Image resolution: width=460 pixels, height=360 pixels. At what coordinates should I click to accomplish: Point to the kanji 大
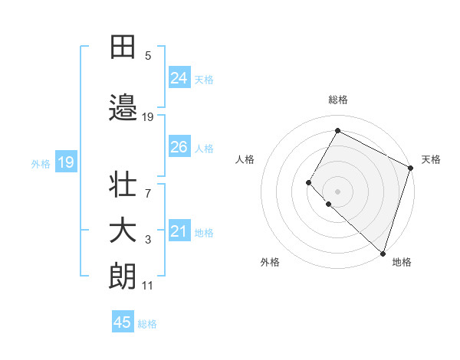[123, 232]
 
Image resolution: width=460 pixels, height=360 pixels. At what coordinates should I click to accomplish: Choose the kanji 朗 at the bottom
[123, 277]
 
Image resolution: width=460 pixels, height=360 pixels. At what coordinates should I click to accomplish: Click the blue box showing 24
[179, 78]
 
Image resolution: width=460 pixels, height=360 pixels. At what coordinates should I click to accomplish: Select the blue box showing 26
[179, 147]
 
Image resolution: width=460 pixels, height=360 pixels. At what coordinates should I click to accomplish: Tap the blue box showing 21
[179, 231]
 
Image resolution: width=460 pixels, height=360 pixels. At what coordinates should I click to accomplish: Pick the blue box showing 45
[123, 322]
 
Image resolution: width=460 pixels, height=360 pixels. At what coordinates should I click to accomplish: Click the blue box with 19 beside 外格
[65, 162]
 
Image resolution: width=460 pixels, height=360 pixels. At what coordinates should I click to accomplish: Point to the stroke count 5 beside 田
[148, 56]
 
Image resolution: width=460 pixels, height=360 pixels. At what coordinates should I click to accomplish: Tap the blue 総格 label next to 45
[147, 324]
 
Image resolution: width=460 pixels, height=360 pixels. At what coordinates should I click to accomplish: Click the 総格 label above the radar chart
[338, 100]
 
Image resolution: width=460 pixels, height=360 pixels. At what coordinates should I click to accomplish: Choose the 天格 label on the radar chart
[431, 159]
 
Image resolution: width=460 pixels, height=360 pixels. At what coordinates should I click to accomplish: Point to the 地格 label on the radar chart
[402, 262]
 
